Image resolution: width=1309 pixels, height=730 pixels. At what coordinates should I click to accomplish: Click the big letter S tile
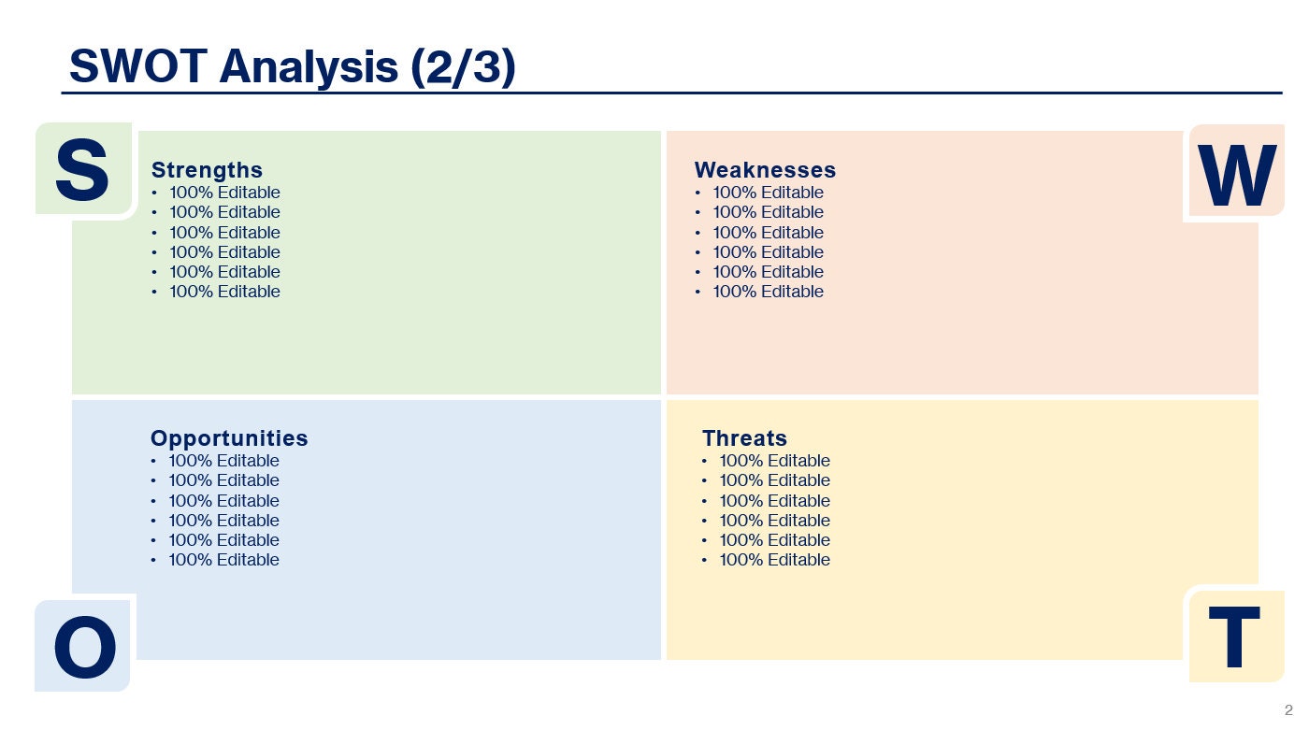tap(82, 170)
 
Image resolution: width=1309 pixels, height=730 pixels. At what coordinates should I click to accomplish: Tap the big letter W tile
tap(1236, 176)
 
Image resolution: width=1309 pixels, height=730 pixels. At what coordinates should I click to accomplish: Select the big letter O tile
tap(84, 647)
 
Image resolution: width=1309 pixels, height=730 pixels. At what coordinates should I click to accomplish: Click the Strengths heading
tap(207, 170)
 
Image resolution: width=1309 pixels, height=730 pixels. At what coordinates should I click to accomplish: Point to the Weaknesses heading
tap(765, 170)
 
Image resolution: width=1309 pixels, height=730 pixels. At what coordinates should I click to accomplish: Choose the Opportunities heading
tap(229, 438)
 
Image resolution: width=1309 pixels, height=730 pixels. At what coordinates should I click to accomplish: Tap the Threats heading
tap(744, 438)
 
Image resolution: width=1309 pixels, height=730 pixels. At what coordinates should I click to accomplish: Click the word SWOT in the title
tap(137, 67)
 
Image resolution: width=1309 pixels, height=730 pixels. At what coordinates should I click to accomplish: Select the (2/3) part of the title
tap(463, 67)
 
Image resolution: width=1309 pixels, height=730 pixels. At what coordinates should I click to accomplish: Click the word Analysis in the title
tap(309, 67)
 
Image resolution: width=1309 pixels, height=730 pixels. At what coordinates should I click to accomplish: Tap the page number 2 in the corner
tap(1288, 709)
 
